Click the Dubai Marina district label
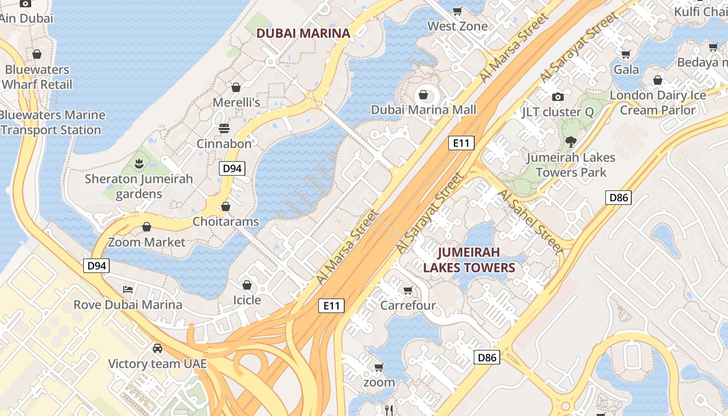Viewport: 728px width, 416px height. coord(303,33)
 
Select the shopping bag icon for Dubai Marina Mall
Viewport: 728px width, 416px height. coord(423,95)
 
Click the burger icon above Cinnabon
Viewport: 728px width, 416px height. coord(224,128)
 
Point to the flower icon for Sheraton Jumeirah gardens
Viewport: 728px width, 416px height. coord(139,164)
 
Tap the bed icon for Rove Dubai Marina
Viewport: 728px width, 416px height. coord(128,289)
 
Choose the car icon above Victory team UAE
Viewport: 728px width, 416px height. coord(157,348)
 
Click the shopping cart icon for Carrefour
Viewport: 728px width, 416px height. coord(408,290)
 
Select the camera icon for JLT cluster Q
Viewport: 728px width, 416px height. coord(558,97)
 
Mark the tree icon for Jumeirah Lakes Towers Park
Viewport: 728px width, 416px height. coord(571,142)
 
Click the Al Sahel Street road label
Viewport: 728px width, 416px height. coord(531,222)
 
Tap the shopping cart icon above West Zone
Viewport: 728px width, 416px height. coord(458,11)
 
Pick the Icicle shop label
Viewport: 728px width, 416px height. coord(247,300)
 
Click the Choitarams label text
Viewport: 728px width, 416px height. coord(226,222)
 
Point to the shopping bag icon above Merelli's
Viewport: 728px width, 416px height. coord(236,87)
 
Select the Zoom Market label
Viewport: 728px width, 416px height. coord(147,242)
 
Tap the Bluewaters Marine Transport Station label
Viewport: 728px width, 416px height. coord(52,122)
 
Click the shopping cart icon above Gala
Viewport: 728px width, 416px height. coord(626,54)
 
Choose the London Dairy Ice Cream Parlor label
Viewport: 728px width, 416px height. coord(658,102)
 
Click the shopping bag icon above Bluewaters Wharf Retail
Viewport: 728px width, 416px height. coord(37,54)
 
